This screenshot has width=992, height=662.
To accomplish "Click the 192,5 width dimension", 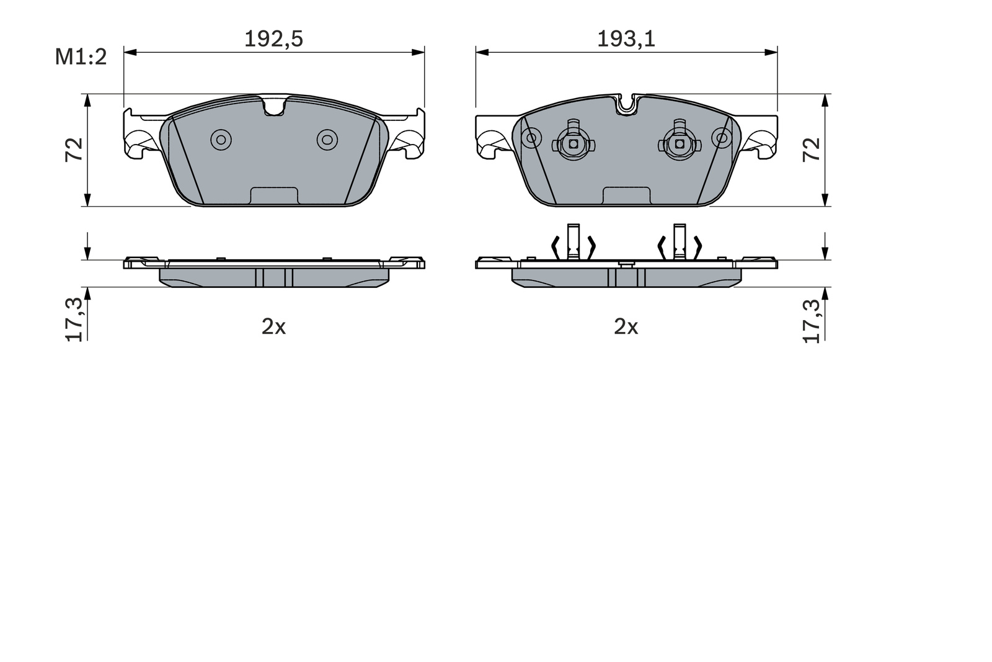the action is click(273, 39).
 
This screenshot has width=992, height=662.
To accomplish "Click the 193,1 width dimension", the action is click(626, 39).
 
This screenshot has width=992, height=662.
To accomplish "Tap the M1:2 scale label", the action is click(81, 57).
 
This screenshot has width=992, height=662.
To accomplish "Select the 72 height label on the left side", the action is click(74, 150).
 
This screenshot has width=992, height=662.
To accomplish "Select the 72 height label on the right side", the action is click(812, 150).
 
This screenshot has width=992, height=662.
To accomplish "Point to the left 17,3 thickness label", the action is click(74, 320).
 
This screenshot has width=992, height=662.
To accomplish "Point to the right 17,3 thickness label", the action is click(812, 321).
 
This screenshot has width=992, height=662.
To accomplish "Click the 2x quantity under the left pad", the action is click(273, 328).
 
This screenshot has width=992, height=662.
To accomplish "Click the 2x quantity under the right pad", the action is click(626, 328).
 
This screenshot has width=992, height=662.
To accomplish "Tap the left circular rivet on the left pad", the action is click(221, 140).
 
